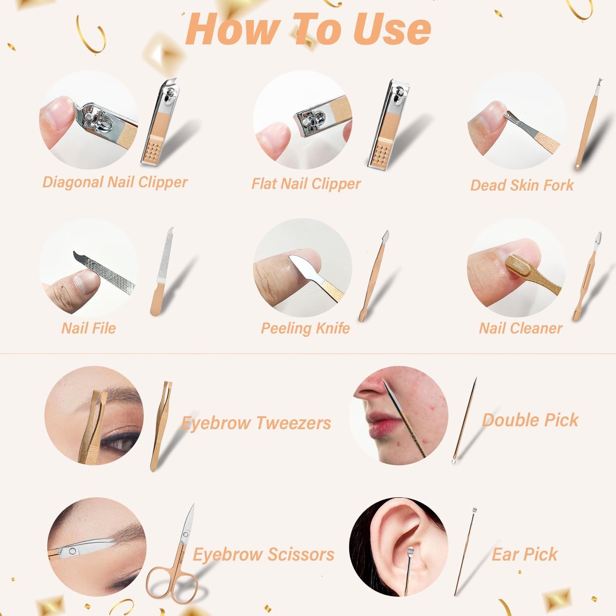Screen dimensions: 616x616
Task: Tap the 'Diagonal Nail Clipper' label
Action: coord(115,182)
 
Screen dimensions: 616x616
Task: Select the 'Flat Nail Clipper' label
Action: coord(306,184)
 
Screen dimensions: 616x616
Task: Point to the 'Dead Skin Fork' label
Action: coord(522,185)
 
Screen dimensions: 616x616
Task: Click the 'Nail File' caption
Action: coord(89,328)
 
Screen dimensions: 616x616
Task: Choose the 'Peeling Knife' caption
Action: coord(306,329)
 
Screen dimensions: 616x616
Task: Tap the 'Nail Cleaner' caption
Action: coord(521,328)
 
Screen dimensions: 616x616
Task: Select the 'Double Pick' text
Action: coord(530,420)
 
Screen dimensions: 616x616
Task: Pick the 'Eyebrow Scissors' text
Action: coord(264,554)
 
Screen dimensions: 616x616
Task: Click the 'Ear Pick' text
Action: coord(525,554)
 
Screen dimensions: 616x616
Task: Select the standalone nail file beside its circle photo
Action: coord(163,271)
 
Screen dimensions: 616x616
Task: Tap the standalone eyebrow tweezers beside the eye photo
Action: coord(161,425)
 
